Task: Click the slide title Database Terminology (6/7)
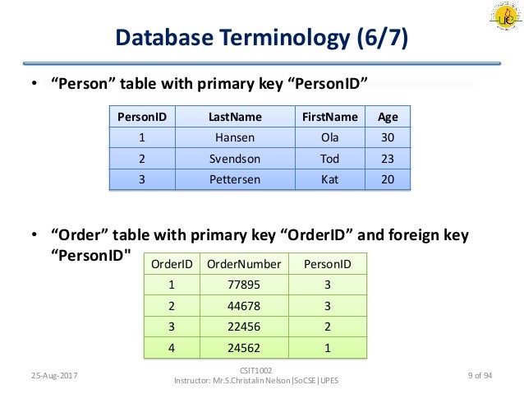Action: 261,38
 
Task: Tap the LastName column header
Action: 234,117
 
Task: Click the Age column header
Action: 387,117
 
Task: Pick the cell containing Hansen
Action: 234,138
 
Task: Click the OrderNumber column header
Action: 244,264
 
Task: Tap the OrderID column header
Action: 172,264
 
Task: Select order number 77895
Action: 244,285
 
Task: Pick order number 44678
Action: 244,306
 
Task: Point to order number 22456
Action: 244,327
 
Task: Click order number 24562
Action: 244,348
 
